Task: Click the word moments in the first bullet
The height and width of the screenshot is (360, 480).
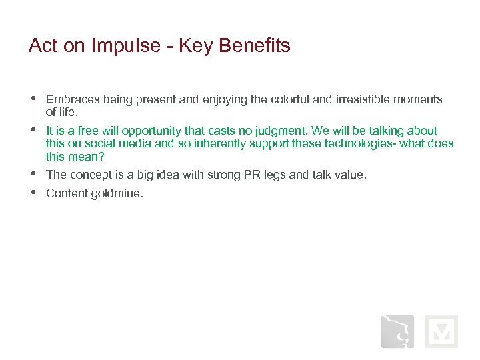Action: pos(419,99)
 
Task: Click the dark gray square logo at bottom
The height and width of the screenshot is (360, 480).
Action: pos(397,331)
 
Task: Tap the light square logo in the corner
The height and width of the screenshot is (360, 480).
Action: pos(441,331)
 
